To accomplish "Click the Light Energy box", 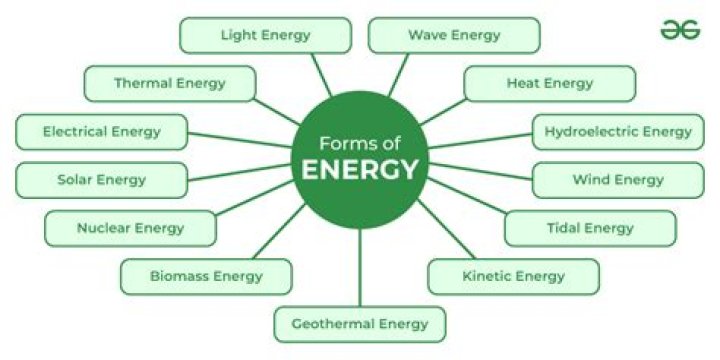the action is pos(265,35).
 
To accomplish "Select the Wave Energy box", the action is pos(454,35).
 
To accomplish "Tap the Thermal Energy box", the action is pos(169,83).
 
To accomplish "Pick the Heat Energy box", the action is pos(549,83).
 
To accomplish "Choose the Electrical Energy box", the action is pos(101,131).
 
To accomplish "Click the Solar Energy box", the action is pos(101,180).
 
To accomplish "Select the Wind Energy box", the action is pos(617,180).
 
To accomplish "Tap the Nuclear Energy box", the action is pos(130,228).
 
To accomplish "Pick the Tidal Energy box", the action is pos(589,228).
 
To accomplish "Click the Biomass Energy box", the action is pos(206,276).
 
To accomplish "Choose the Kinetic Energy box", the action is pos(513,276).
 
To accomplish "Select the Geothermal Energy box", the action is pos(359,324).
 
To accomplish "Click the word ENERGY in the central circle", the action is pos(359,169).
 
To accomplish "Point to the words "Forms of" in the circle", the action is pos(359,142).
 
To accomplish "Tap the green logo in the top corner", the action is pos(680,30).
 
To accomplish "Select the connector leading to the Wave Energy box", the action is pos(398,74).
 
